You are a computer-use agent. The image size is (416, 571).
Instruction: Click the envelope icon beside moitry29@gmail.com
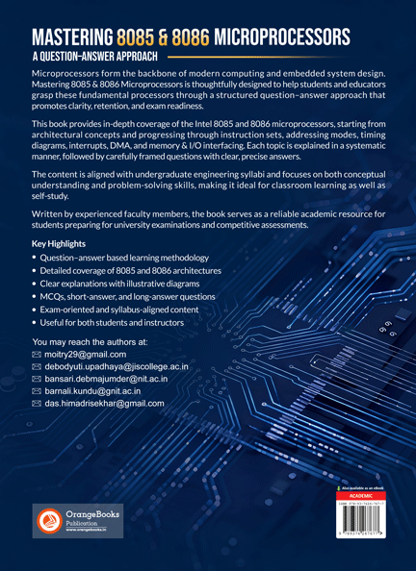[x=38, y=355]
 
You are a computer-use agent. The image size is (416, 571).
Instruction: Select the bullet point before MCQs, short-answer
[x=37, y=298]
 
